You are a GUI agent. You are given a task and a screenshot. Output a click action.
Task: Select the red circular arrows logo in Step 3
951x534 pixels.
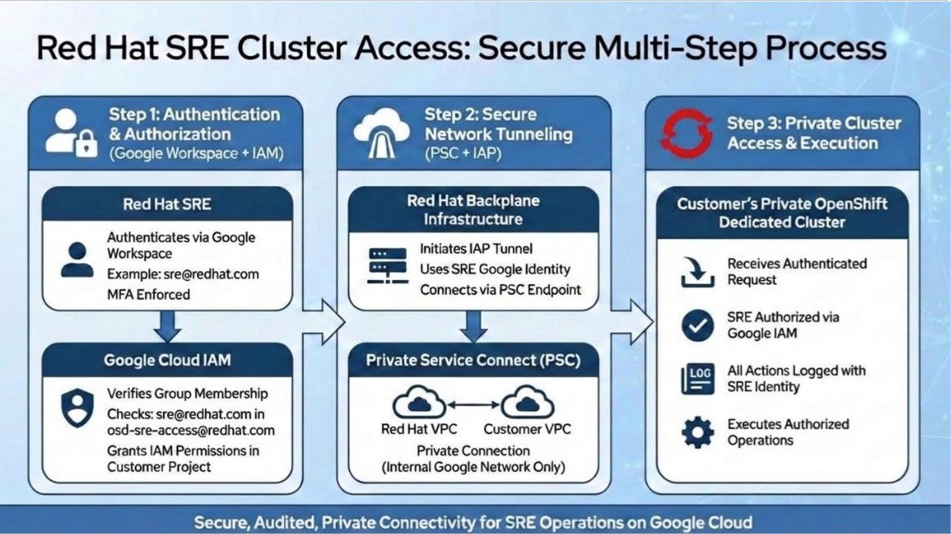coord(686,133)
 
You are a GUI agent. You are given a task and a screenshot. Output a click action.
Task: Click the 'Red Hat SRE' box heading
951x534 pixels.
coord(167,204)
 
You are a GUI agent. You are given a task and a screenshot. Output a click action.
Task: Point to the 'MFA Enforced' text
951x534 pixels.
coord(148,294)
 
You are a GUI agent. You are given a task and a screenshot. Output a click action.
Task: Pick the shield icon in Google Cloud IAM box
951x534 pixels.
coord(77,407)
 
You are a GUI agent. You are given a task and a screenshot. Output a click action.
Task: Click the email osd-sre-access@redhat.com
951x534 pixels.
coord(191,430)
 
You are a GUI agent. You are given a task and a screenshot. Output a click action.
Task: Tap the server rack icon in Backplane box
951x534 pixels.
coord(388,266)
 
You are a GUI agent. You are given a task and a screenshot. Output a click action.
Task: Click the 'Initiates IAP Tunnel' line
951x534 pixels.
coord(475,248)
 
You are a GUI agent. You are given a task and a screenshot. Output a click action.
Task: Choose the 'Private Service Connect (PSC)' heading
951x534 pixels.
coord(473,360)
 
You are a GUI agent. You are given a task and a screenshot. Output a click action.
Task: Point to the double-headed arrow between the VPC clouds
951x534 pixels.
coord(473,404)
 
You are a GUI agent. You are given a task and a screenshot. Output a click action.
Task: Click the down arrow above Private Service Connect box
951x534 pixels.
coord(473,326)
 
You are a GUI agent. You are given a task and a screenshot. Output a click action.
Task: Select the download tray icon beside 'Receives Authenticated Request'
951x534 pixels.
coord(697,273)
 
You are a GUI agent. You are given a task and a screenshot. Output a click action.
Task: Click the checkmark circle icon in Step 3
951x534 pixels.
coord(697,326)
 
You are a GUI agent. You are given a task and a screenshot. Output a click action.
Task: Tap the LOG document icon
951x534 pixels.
coord(697,379)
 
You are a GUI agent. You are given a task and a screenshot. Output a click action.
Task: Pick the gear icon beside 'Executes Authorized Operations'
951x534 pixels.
coord(697,432)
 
